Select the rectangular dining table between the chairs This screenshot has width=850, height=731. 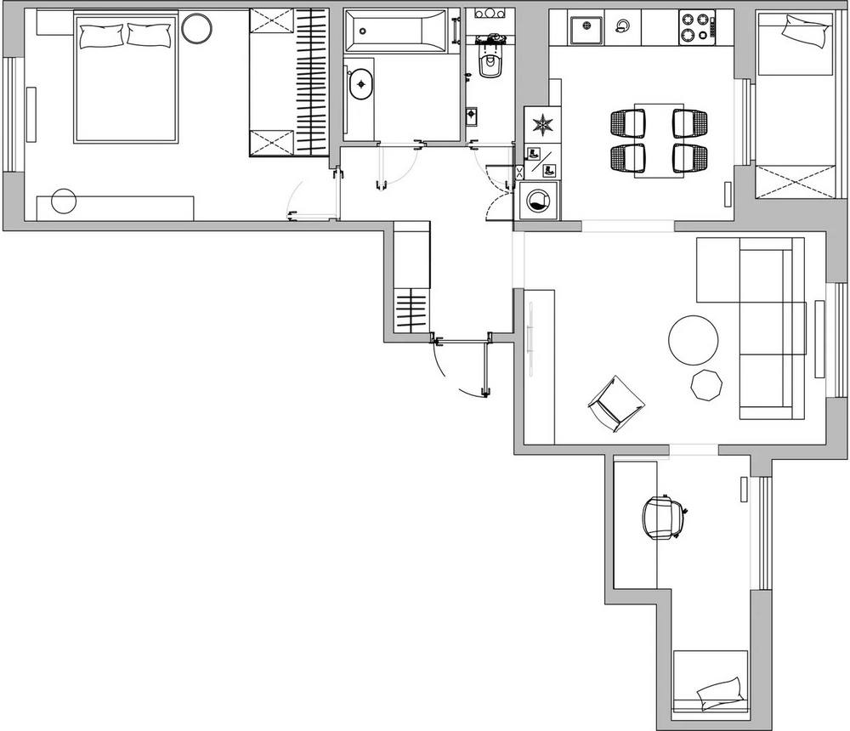coord(659,139)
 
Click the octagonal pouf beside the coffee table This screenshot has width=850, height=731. coord(706,384)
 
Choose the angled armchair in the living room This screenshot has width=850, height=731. coord(615,402)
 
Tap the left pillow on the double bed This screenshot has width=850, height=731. coord(101,35)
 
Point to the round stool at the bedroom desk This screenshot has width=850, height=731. coord(64,202)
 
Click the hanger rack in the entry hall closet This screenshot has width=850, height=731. coord(411,311)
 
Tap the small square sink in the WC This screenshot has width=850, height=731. coord(473,114)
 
